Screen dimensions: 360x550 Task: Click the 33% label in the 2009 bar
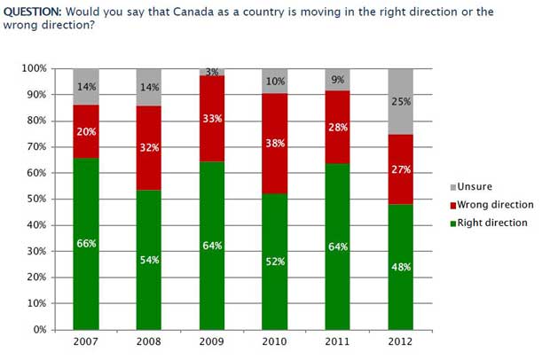[213, 118]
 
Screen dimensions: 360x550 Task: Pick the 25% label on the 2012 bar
[401, 102]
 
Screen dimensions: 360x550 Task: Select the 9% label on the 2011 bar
[338, 80]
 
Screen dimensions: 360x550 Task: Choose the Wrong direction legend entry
[493, 205]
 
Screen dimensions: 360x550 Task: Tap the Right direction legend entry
[491, 223]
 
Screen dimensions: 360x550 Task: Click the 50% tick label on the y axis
[36, 199]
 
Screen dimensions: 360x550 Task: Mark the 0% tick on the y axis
[39, 330]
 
